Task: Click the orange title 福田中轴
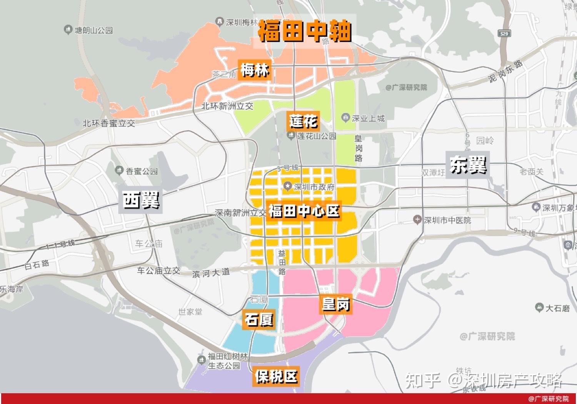pyautogui.click(x=304, y=31)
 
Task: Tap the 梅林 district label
pyautogui.click(x=254, y=70)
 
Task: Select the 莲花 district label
pyautogui.click(x=303, y=121)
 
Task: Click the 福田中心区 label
pyautogui.click(x=304, y=211)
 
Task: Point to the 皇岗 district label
pyautogui.click(x=335, y=304)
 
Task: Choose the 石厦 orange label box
pyautogui.click(x=258, y=319)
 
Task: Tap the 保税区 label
pyautogui.click(x=276, y=376)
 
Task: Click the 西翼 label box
pyautogui.click(x=141, y=200)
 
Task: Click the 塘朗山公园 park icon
pyautogui.click(x=68, y=30)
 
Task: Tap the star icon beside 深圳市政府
pyautogui.click(x=287, y=187)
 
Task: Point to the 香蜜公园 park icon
pyautogui.click(x=119, y=171)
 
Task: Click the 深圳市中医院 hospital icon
pyautogui.click(x=417, y=220)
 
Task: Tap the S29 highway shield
pyautogui.click(x=504, y=33)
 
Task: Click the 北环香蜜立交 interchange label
pyautogui.click(x=109, y=123)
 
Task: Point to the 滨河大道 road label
pyautogui.click(x=211, y=273)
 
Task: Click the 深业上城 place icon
pyautogui.click(x=345, y=118)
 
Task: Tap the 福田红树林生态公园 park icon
pyautogui.click(x=201, y=360)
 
